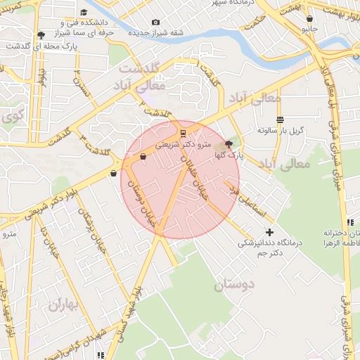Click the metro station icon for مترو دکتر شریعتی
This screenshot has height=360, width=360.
click(183, 132)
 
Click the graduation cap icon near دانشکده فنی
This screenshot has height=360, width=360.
click(84, 12)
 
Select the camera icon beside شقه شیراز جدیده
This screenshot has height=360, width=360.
click(156, 22)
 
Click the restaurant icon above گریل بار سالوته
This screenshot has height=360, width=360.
click(281, 120)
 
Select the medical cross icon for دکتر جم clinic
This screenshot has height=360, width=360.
click(269, 232)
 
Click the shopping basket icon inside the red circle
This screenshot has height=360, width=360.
click(143, 157)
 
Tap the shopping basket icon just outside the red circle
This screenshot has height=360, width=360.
click(113, 173)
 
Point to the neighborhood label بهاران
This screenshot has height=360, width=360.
click(65, 305)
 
